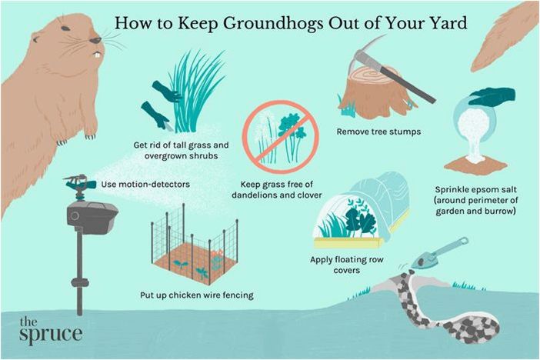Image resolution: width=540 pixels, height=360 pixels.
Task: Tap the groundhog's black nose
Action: (x=95, y=40)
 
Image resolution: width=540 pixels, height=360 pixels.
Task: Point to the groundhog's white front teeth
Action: (x=98, y=55)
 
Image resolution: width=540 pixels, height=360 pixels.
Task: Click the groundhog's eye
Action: (x=35, y=40)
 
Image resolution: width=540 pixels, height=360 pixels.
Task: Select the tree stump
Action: (x=374, y=92)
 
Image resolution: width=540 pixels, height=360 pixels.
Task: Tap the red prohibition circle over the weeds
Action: (x=281, y=137)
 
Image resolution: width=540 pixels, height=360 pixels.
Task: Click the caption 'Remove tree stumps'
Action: (x=378, y=132)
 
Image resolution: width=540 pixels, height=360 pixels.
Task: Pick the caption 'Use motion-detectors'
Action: (x=145, y=185)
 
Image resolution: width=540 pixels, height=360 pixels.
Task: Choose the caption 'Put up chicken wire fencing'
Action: (x=197, y=295)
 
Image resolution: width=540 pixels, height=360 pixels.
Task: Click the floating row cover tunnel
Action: (x=361, y=210)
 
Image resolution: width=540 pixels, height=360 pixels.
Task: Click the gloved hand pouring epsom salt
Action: (x=492, y=96)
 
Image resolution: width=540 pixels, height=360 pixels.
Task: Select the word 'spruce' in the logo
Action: (x=51, y=334)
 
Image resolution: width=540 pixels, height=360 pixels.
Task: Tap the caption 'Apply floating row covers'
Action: (x=346, y=265)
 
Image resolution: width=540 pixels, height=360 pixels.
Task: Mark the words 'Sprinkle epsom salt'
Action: (x=475, y=189)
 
